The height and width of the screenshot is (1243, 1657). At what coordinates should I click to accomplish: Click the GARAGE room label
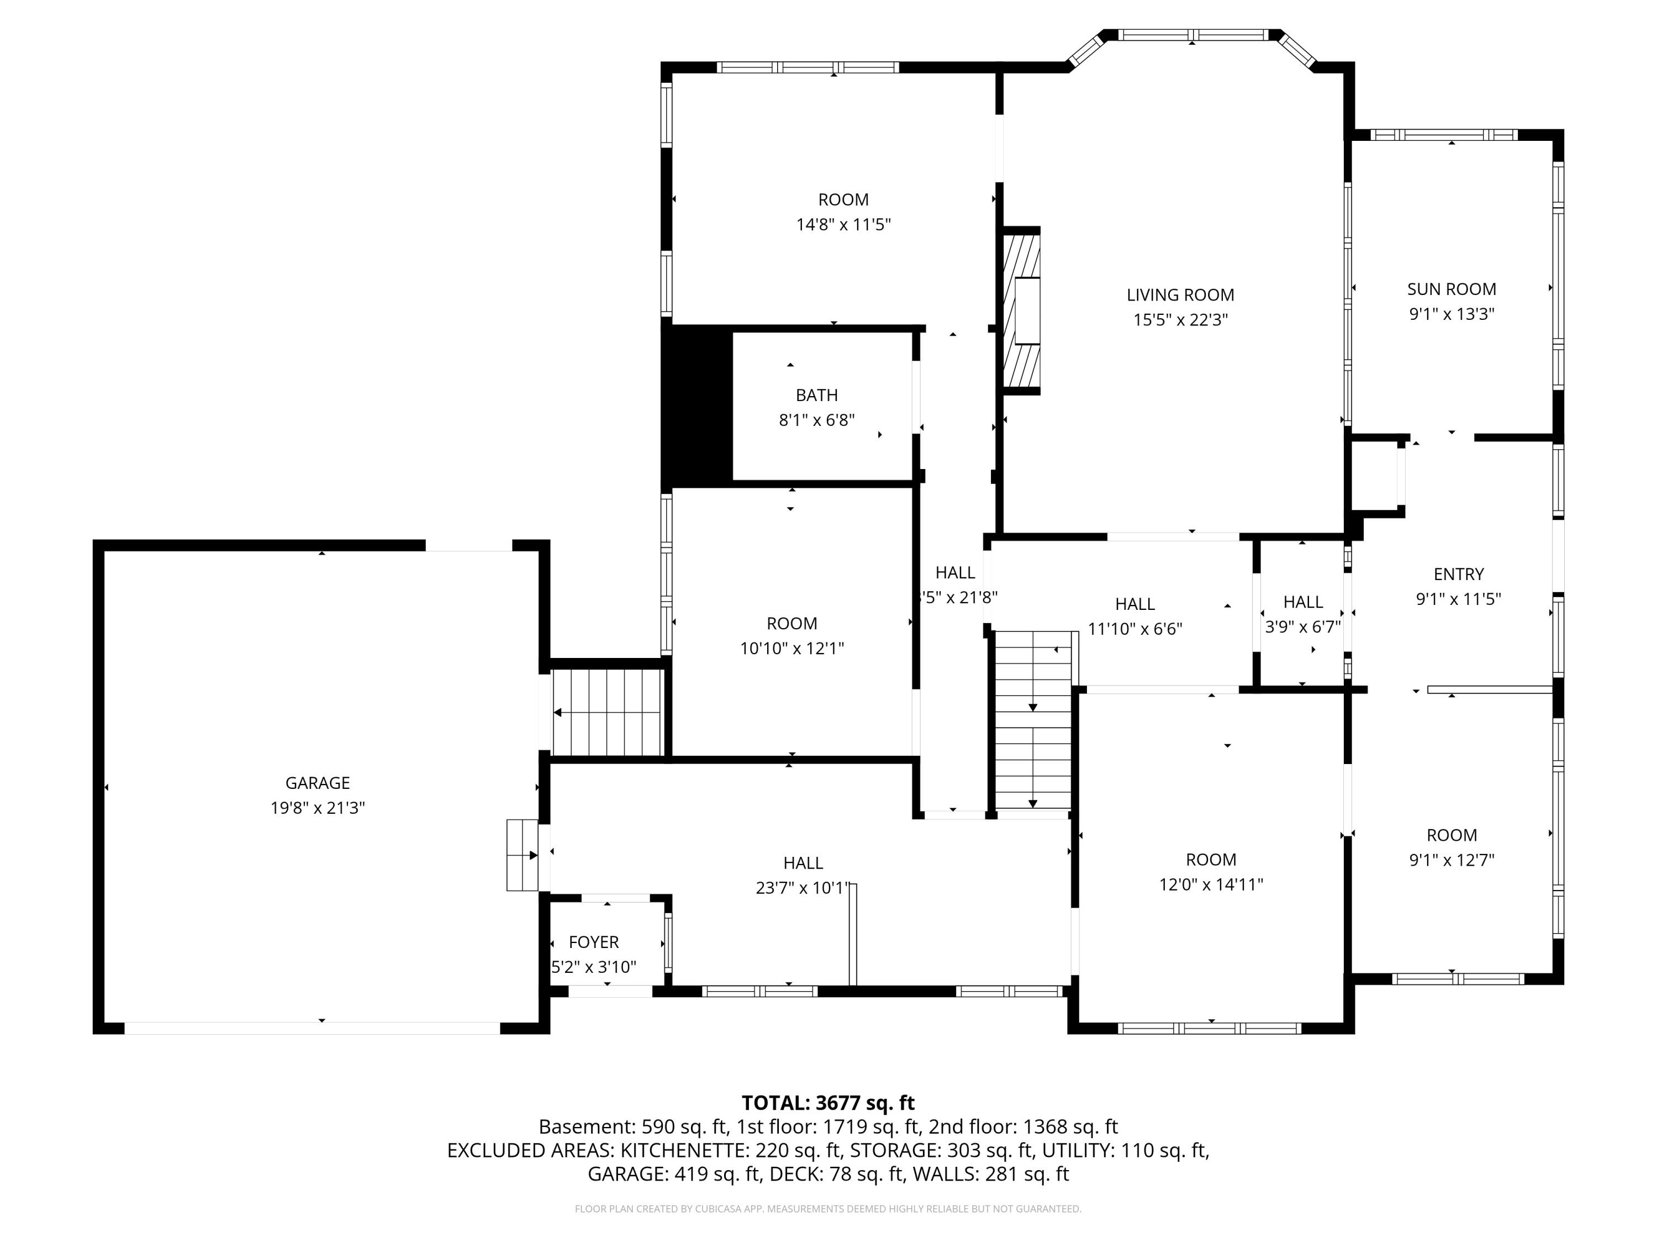pos(318,783)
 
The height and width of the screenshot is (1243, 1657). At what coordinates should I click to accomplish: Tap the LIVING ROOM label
pos(1180,295)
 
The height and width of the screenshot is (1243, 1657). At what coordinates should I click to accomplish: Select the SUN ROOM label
pos(1452,289)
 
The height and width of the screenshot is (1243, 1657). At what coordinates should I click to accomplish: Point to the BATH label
pos(816,395)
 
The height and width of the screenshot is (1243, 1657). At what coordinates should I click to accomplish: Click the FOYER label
pos(594,942)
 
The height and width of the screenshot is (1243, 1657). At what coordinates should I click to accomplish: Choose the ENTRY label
pos(1459,574)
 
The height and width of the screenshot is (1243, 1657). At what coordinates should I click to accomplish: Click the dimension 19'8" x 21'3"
pos(318,808)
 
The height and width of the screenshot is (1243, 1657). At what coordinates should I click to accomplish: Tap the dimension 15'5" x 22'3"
pos(1180,320)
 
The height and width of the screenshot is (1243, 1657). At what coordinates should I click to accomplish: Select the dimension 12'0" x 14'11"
pos(1211,884)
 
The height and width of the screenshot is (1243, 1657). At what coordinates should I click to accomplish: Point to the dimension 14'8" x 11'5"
pos(843,224)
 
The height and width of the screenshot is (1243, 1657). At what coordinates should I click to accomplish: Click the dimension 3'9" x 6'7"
pos(1304,626)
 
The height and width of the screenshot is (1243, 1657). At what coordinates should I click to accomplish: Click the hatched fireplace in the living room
pos(1022,311)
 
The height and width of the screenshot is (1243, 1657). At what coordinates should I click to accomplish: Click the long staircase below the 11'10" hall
pos(1033,721)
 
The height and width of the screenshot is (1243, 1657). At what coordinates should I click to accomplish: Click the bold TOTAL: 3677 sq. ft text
pos(828,1103)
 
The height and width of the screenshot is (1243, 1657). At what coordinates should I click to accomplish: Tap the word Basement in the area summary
pos(587,1127)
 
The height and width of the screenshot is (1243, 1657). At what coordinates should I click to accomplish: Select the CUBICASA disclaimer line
pos(828,1209)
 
